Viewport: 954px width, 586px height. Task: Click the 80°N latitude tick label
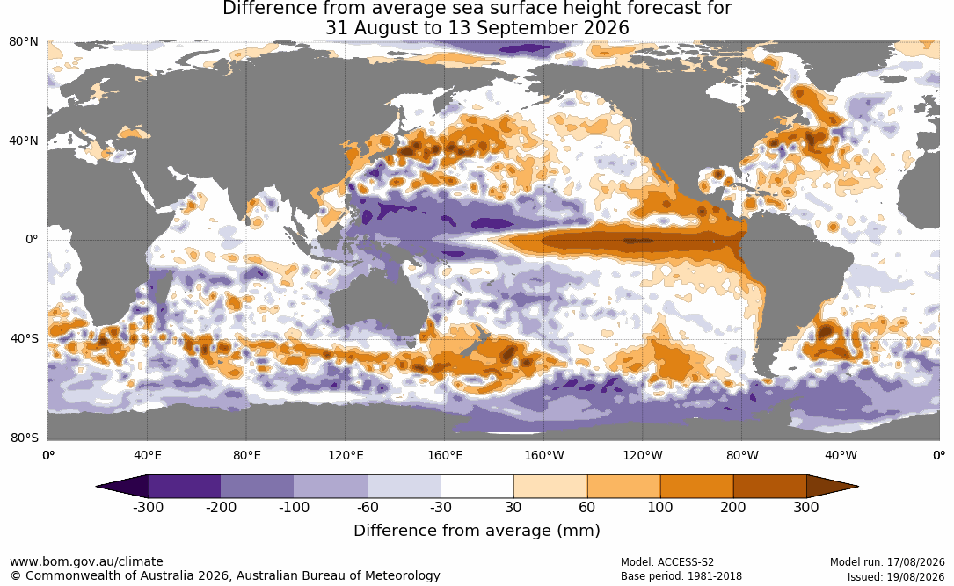pos(23,42)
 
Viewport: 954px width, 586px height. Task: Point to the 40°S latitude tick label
pos(25,338)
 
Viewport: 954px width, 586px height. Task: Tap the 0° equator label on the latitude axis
pos(32,240)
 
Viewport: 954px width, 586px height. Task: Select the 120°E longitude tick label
pos(346,455)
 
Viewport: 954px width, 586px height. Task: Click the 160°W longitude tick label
pos(544,455)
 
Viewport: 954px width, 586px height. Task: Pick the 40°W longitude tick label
pos(841,455)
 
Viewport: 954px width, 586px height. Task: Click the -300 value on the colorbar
pos(148,507)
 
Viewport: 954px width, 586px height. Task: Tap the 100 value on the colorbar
pos(660,507)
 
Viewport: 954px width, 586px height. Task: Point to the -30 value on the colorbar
pos(441,507)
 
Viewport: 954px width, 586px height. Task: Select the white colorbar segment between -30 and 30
pos(477,487)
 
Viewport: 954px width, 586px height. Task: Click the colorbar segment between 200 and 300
pos(769,487)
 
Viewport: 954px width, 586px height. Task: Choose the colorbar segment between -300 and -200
pos(185,487)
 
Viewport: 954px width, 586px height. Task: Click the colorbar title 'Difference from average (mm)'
pos(477,531)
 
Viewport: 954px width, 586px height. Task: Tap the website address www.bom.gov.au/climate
pos(86,561)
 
